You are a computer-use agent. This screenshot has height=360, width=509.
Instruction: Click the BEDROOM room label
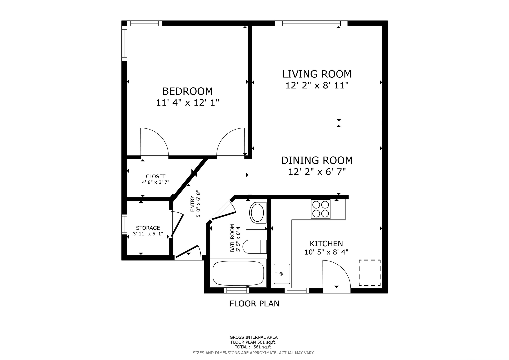click(x=187, y=91)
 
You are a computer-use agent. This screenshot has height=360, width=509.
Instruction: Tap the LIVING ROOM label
click(x=317, y=74)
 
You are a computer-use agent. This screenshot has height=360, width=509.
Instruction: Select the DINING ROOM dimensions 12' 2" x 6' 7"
click(x=317, y=172)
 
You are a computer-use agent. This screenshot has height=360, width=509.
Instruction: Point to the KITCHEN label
click(x=326, y=244)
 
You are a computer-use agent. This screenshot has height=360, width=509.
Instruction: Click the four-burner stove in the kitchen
click(x=321, y=209)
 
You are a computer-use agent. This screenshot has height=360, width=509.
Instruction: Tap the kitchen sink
click(x=282, y=274)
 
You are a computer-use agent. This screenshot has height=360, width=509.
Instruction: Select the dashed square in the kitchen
click(x=369, y=273)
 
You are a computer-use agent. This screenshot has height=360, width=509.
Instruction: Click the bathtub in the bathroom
click(x=238, y=273)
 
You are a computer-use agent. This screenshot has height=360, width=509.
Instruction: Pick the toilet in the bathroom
click(x=255, y=247)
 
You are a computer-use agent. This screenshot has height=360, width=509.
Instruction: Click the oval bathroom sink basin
click(x=257, y=213)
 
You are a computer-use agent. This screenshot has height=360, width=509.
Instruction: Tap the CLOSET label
click(x=156, y=176)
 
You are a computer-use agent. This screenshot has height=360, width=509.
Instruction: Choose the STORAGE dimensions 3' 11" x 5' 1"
click(x=148, y=234)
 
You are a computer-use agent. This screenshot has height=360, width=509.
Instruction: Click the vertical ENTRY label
click(x=193, y=204)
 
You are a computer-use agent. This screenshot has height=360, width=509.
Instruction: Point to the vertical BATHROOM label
click(x=232, y=238)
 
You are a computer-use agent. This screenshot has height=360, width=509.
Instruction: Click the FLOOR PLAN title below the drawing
click(x=254, y=304)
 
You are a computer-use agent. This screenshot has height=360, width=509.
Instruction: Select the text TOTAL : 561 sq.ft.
click(x=253, y=347)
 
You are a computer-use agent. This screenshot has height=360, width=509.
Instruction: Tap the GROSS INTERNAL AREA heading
click(x=254, y=337)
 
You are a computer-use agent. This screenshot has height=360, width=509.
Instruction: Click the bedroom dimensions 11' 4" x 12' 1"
click(x=187, y=103)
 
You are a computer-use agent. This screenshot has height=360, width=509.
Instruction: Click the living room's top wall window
click(x=311, y=23)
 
